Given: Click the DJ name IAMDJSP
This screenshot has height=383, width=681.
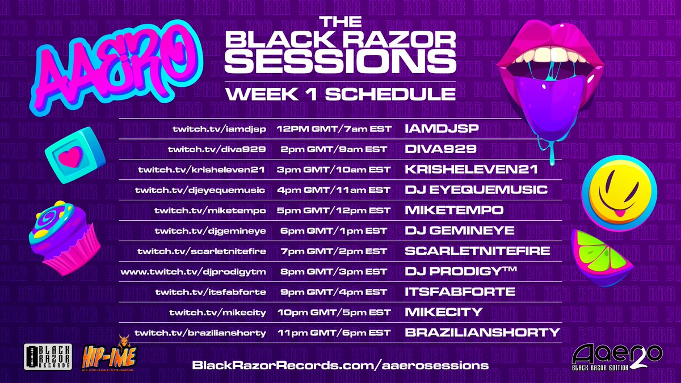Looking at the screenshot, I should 442,129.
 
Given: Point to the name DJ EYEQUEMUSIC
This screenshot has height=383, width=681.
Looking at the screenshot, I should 476,190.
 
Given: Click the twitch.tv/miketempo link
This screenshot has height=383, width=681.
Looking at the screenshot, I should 210,210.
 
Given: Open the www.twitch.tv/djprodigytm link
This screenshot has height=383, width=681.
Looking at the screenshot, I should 194,271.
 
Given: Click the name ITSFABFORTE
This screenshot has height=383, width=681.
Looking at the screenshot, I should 460,292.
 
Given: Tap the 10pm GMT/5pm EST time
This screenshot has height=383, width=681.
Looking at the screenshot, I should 334,312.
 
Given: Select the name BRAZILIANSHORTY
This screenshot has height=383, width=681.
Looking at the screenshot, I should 482,333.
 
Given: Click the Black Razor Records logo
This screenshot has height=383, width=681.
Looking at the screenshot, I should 47,357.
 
